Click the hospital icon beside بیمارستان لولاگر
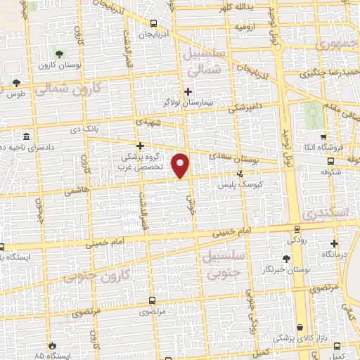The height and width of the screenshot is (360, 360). coord(188,91)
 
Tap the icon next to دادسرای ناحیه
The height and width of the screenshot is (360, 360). coord(27,136)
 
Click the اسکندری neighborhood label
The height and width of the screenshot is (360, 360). coord(325,212)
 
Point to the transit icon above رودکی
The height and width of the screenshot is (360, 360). coord(297,229)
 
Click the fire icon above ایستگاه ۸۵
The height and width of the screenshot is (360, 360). coord(51,346)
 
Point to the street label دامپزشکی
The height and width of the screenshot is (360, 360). coord(249,107)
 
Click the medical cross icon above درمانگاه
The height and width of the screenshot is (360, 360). coord(334,243)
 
